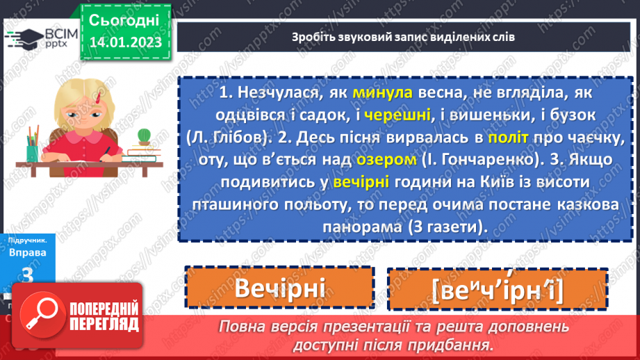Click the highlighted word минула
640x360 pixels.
pyautogui.click(x=382, y=93)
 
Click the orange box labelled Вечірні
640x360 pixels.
pyautogui.click(x=279, y=288)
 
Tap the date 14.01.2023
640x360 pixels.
pyautogui.click(x=125, y=42)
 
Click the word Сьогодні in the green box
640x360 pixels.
pyautogui.click(x=124, y=19)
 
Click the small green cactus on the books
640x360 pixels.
pyautogui.click(x=144, y=135)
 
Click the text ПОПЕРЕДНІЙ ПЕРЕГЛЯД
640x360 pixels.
pyautogui.click(x=103, y=315)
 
